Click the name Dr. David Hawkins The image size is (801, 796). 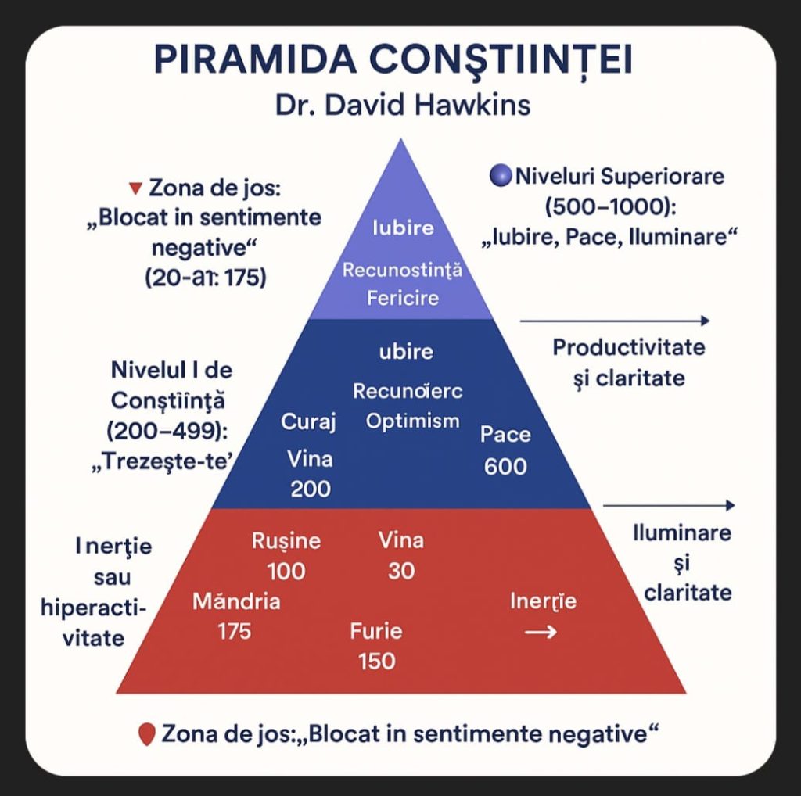click(402, 104)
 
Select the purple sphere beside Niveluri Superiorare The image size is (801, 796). click(500, 176)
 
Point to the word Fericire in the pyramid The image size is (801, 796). click(402, 298)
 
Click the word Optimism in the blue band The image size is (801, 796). click(412, 421)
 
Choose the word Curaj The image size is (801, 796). click(308, 422)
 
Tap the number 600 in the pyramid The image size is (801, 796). click(505, 467)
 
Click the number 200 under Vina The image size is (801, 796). click(311, 489)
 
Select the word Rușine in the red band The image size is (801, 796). click(286, 541)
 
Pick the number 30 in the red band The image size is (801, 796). click(400, 571)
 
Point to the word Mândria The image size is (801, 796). click(236, 601)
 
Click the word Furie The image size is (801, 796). click(376, 631)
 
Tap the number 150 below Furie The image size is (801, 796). click(376, 661)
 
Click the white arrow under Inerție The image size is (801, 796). click(540, 632)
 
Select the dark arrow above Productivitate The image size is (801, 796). click(614, 320)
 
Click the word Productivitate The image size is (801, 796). click(628, 347)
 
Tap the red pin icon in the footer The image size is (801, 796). click(145, 735)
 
